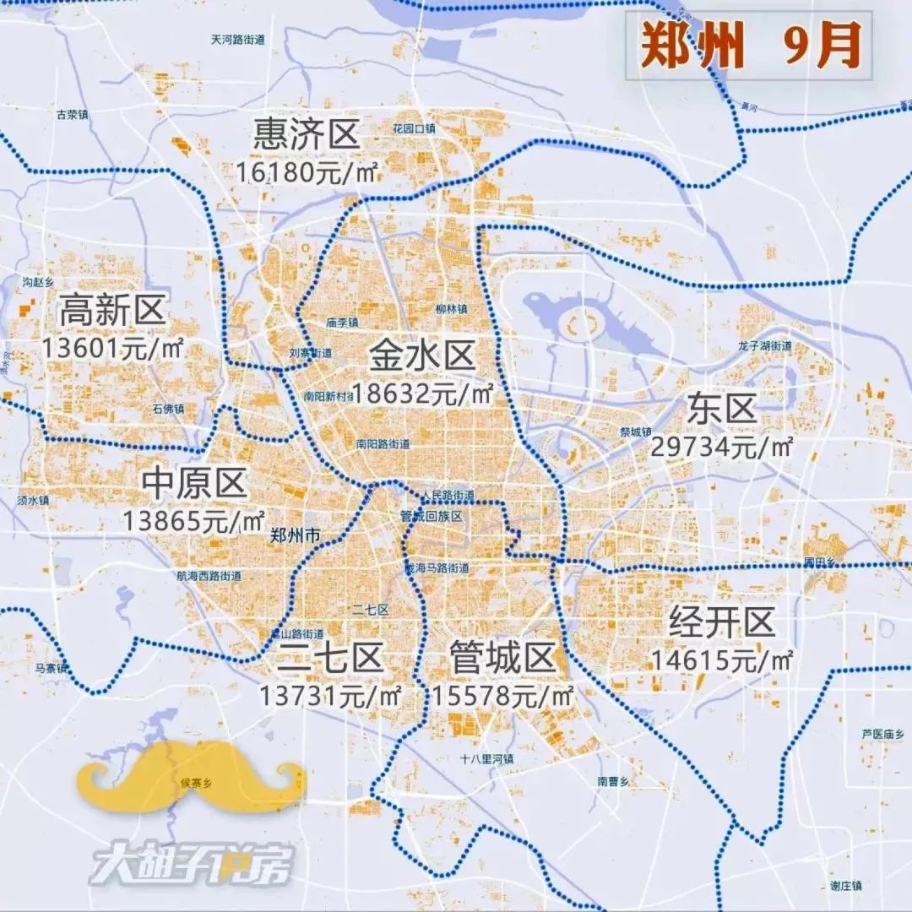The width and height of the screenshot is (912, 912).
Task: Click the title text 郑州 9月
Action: (749, 46)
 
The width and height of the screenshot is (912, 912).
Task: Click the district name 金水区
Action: (422, 356)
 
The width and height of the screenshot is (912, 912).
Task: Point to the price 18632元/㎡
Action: (422, 393)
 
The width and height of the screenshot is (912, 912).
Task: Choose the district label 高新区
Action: (111, 312)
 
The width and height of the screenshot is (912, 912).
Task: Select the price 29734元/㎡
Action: (721, 447)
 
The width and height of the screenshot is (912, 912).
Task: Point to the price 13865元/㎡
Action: (194, 520)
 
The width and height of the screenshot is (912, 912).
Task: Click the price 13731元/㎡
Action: (330, 696)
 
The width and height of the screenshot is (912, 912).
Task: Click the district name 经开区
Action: (721, 623)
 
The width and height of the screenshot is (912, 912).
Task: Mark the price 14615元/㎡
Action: (721, 660)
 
